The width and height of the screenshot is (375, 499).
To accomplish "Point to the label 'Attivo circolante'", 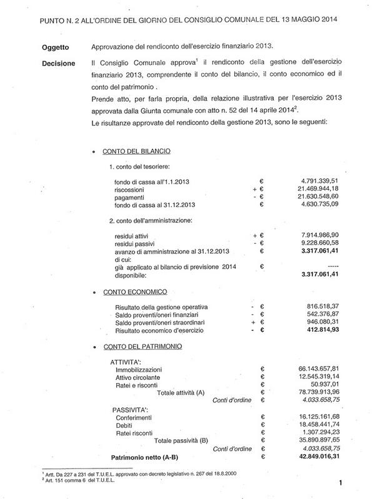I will (141, 377).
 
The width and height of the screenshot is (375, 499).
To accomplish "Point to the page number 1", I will (342, 482).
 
